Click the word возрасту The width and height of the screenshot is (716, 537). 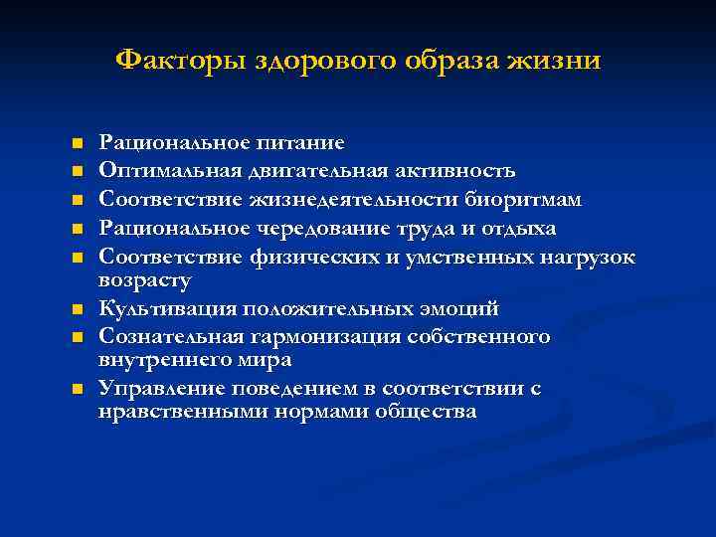145,279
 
